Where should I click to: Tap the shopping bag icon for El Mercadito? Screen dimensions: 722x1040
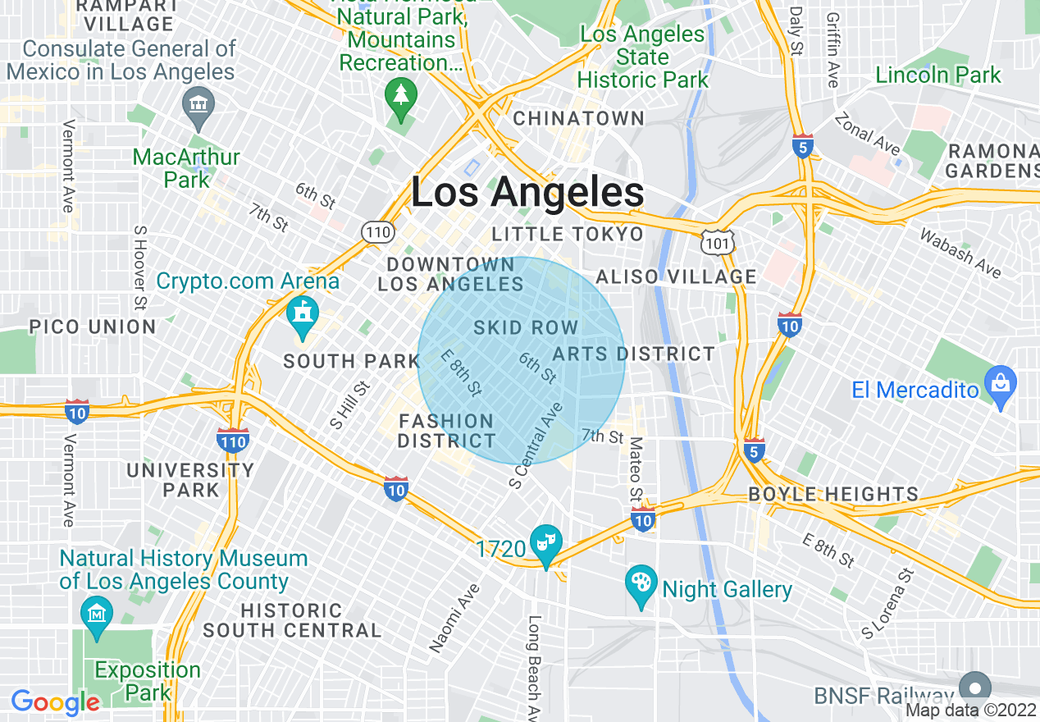1001,386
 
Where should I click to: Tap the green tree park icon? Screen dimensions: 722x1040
400,97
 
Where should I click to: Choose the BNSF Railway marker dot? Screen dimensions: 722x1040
975,688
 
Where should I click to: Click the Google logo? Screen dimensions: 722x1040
55,702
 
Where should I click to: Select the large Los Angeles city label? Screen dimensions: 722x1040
527,194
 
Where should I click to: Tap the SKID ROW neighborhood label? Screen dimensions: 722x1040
526,328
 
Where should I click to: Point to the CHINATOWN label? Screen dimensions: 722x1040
579,119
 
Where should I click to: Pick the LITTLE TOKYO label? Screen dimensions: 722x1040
568,235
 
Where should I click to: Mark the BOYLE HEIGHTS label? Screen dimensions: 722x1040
833,495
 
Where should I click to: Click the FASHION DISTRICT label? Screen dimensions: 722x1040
446,432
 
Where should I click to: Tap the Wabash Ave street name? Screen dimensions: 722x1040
960,253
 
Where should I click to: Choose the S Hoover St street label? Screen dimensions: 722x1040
140,268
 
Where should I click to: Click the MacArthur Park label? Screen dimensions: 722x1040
186,167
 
